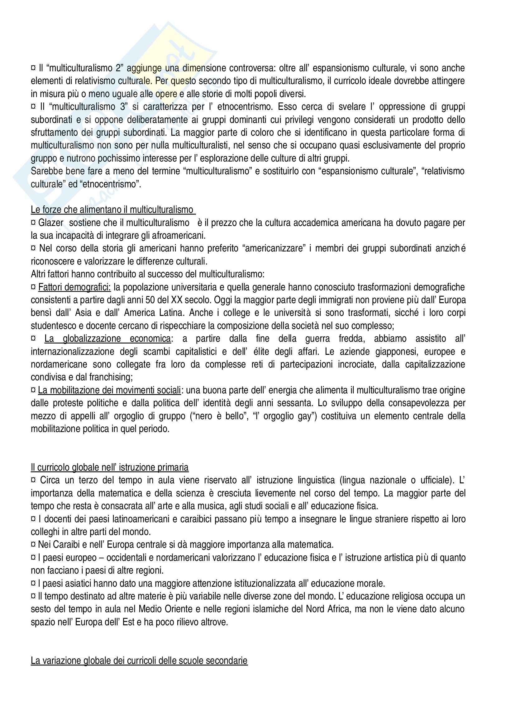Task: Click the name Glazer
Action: pos(51,223)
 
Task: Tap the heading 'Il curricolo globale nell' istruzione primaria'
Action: pos(109,467)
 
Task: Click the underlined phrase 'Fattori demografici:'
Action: pos(74,287)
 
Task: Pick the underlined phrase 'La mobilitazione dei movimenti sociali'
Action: pos(109,390)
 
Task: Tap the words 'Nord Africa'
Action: pos(327,609)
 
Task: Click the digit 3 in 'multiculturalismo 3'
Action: pos(122,106)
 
